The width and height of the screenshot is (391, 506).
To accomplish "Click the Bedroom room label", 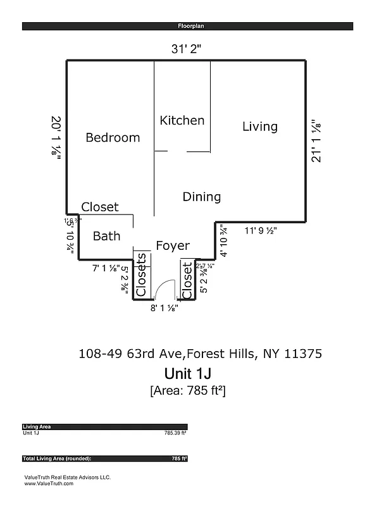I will [x=113, y=137].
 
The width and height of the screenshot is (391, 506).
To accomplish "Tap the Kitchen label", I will [x=182, y=120].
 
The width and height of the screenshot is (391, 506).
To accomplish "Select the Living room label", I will [x=259, y=126].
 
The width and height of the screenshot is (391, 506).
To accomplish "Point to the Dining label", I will [x=201, y=197].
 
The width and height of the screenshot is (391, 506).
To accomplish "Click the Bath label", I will [x=106, y=236].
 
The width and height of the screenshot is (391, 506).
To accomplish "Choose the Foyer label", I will [x=173, y=245].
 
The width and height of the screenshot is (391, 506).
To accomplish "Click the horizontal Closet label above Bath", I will [x=100, y=207].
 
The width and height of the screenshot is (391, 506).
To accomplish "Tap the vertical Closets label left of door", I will [x=142, y=275].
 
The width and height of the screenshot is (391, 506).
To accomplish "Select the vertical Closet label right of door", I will [x=187, y=280].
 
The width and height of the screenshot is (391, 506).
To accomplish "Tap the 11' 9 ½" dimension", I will [x=261, y=230].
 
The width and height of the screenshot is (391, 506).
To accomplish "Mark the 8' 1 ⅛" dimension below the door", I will [x=164, y=308].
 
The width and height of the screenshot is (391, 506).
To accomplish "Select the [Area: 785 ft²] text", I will [x=187, y=390].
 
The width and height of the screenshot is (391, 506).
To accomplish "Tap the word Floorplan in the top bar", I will [x=187, y=27].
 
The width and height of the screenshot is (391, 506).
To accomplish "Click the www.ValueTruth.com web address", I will [x=49, y=483].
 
